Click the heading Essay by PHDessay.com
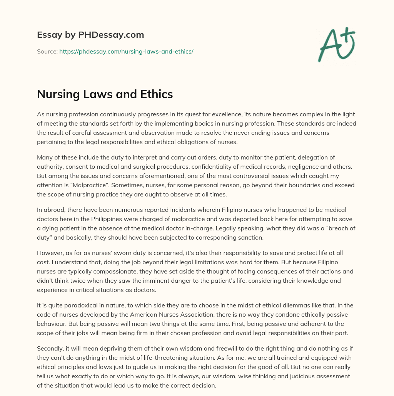90,35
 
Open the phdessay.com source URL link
126,51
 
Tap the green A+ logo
336,45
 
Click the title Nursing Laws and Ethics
105,94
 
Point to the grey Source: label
47,51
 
